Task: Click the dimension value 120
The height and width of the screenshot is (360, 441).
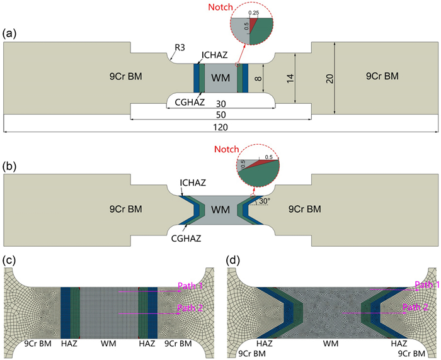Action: click(220, 127)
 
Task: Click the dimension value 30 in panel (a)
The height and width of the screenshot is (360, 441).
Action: click(220, 103)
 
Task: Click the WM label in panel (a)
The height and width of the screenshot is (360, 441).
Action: click(220, 77)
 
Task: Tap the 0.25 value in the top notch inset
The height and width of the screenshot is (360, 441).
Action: click(254, 13)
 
